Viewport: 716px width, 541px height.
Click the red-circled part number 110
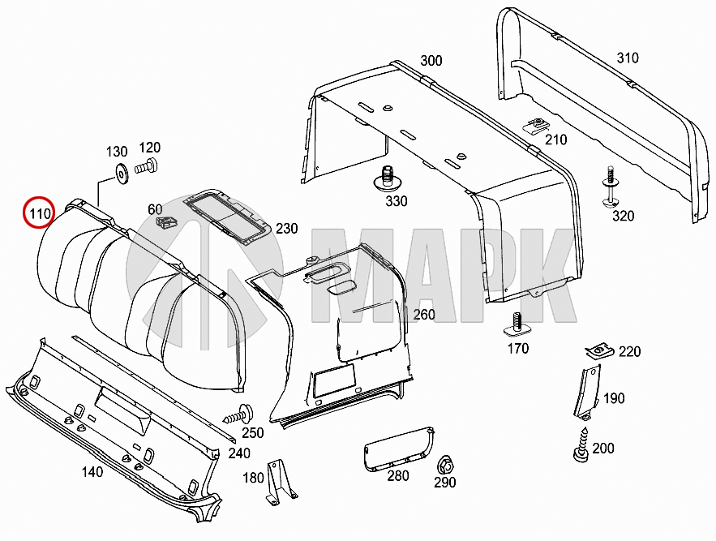click(38, 215)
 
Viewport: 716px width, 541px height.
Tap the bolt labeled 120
click(145, 168)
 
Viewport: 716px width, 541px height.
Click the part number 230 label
click(286, 229)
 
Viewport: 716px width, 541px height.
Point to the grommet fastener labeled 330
click(388, 178)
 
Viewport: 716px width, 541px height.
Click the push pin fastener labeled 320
click(611, 189)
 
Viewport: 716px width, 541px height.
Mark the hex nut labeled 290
click(444, 466)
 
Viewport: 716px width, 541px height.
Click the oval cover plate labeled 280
click(397, 447)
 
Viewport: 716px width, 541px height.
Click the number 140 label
click(92, 472)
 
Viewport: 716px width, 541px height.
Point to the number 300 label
click(431, 61)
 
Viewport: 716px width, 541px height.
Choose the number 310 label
click(627, 58)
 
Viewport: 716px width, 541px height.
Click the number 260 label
click(424, 315)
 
